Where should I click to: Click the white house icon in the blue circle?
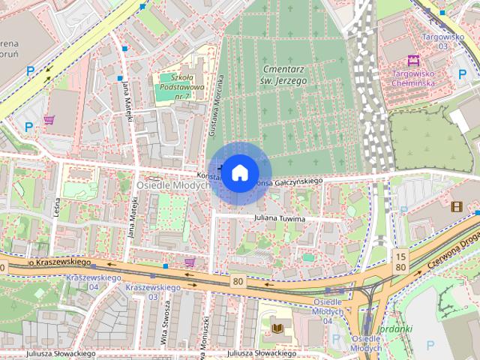[239, 172]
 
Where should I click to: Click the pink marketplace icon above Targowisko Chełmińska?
[412, 60]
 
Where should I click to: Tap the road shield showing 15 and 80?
[401, 262]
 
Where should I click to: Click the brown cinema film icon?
[457, 205]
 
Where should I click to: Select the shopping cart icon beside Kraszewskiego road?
[190, 262]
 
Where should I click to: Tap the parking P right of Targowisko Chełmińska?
[462, 73]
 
